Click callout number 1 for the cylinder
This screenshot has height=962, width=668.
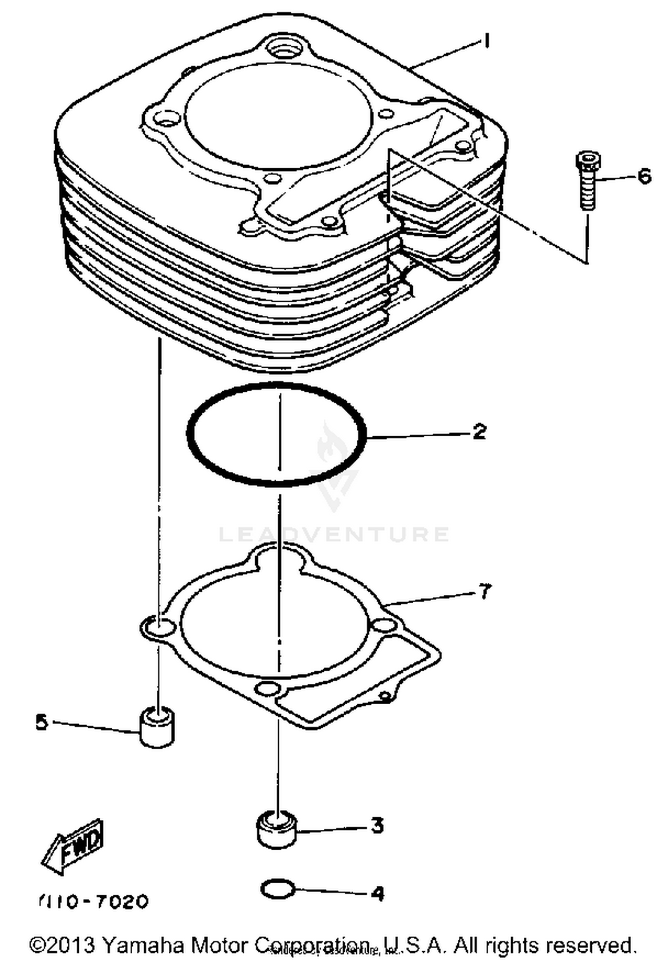point(487,41)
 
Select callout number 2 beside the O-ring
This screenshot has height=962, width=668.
point(479,431)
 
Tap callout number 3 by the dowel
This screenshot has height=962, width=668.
point(377,825)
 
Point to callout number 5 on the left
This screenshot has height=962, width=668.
point(41,722)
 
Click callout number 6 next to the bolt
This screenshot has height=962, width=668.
point(644,176)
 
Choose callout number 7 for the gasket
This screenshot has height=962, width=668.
point(484,592)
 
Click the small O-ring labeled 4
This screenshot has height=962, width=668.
point(277,889)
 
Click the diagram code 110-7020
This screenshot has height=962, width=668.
point(94,902)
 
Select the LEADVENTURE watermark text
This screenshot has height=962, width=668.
point(334,534)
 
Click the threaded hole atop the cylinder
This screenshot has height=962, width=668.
point(285,49)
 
